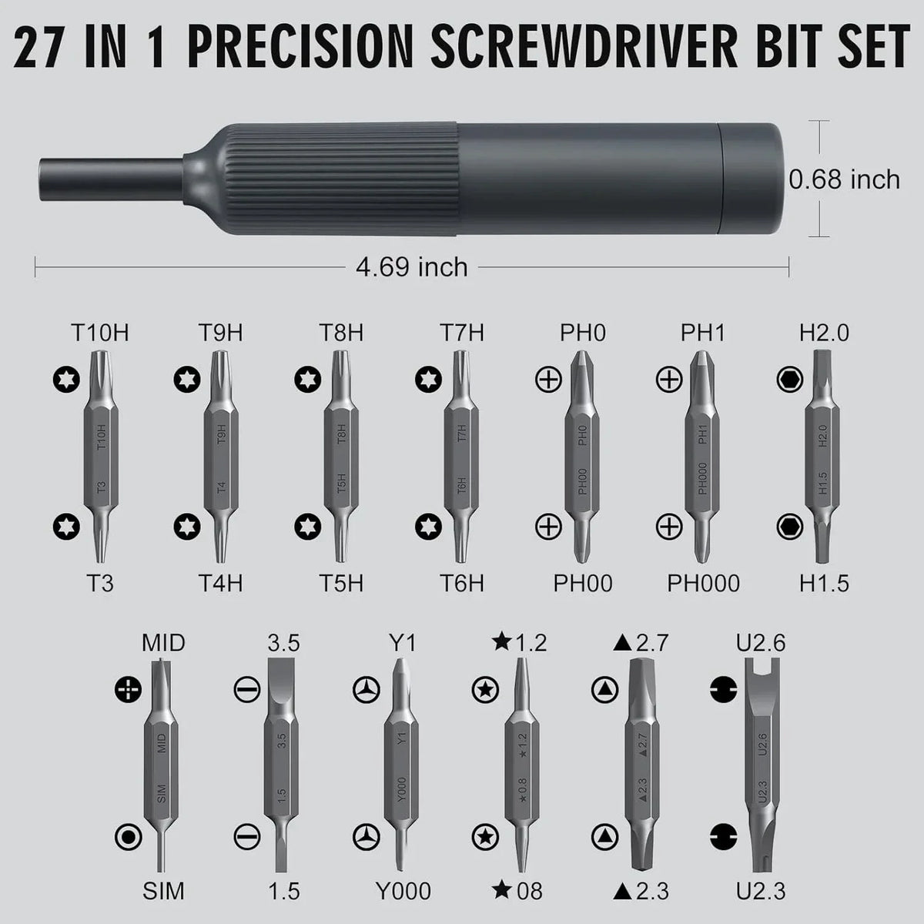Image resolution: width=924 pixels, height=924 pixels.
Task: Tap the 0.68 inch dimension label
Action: coord(845,179)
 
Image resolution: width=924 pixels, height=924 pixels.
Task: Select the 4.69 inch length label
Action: coord(412,267)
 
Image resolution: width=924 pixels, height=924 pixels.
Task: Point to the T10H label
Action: coord(100,333)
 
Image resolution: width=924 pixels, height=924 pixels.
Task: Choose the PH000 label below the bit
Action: coord(703,583)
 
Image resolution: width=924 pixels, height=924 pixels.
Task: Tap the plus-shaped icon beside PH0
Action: coord(548,379)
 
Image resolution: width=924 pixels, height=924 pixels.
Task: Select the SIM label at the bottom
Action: coord(163,891)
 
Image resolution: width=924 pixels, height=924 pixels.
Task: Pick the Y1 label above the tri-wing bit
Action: coord(403,642)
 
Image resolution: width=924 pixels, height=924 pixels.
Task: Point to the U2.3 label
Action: coord(760,891)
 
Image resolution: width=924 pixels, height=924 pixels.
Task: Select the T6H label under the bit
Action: coord(462,583)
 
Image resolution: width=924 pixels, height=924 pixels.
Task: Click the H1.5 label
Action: coord(823,583)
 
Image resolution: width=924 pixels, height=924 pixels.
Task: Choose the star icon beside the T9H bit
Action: coord(186,379)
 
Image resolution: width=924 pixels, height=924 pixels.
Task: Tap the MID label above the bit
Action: coord(163,642)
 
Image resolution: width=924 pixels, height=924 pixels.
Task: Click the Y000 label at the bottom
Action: coord(403,891)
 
